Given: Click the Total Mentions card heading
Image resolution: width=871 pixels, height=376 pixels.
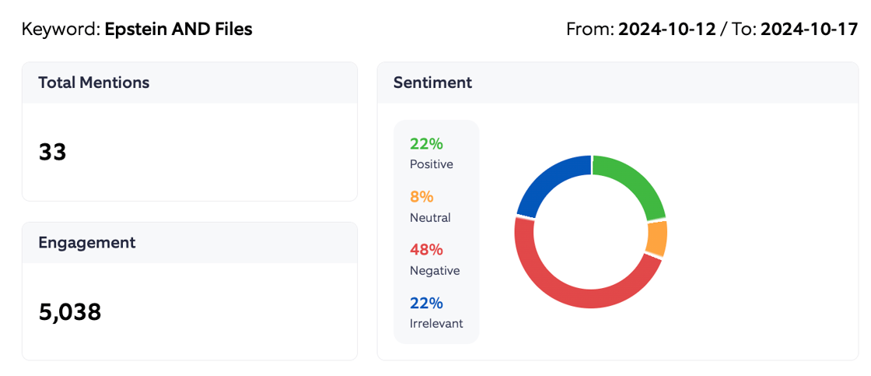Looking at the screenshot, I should point(93,83).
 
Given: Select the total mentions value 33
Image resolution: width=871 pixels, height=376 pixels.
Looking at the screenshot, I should point(53,152).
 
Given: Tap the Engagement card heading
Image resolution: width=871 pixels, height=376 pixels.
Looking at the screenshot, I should point(86,243).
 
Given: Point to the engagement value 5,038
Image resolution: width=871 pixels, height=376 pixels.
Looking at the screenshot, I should point(70,312).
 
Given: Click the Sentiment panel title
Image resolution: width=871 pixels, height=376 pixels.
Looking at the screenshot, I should point(432,83).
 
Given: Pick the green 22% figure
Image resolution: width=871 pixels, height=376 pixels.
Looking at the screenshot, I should point(426,144).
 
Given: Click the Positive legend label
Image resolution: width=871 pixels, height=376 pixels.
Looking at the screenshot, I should point(431,164).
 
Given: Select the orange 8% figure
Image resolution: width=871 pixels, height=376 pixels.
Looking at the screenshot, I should point(422,197).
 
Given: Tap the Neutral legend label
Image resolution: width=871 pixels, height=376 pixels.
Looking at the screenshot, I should point(430,217).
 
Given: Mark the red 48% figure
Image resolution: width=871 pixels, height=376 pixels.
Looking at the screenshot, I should point(426,250).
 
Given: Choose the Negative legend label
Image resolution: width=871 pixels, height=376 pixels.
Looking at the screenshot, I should point(434,270).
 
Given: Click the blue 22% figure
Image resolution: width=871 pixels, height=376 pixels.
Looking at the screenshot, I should point(426,303).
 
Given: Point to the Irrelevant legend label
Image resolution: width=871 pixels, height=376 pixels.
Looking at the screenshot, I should point(435,323).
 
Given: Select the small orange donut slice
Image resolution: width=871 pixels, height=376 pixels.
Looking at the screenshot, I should point(656,238).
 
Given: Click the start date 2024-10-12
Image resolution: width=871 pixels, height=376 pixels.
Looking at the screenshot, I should point(666,30).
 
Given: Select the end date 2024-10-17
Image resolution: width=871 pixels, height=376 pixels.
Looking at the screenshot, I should point(809,30).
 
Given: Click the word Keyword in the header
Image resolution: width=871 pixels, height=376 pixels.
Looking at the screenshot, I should point(61,30).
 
